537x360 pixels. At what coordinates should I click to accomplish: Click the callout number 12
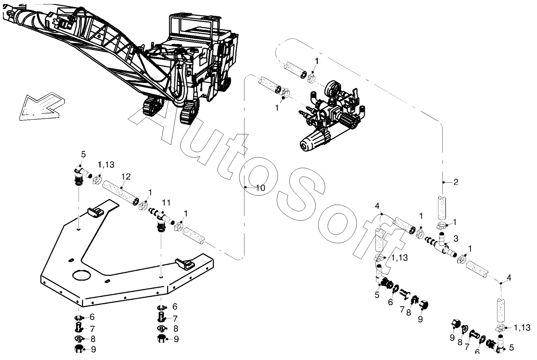(126, 177)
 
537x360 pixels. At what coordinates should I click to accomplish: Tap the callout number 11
(166, 202)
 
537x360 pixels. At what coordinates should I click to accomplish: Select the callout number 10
(260, 188)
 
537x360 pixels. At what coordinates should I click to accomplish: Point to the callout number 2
(456, 182)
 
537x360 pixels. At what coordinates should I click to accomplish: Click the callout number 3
(456, 239)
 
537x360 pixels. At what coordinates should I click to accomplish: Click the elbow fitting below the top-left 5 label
(78, 173)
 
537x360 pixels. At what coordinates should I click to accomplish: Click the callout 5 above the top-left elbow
(83, 154)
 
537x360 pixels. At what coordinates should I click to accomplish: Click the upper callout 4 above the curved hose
(377, 206)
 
